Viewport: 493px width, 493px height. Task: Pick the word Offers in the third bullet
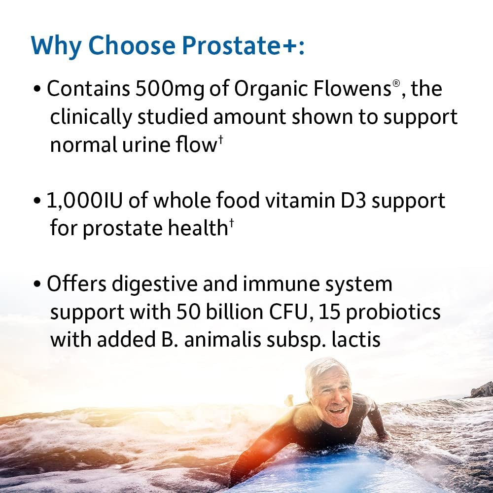point(76,284)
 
